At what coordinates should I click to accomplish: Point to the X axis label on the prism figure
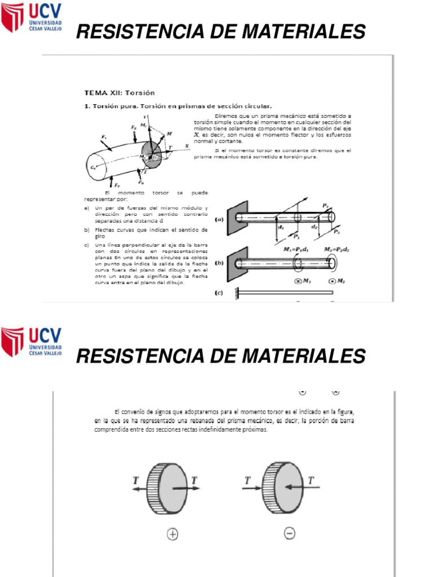tap(185, 145)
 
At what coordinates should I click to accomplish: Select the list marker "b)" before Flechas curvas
tap(86, 230)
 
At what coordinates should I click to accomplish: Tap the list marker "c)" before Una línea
tap(86, 245)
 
